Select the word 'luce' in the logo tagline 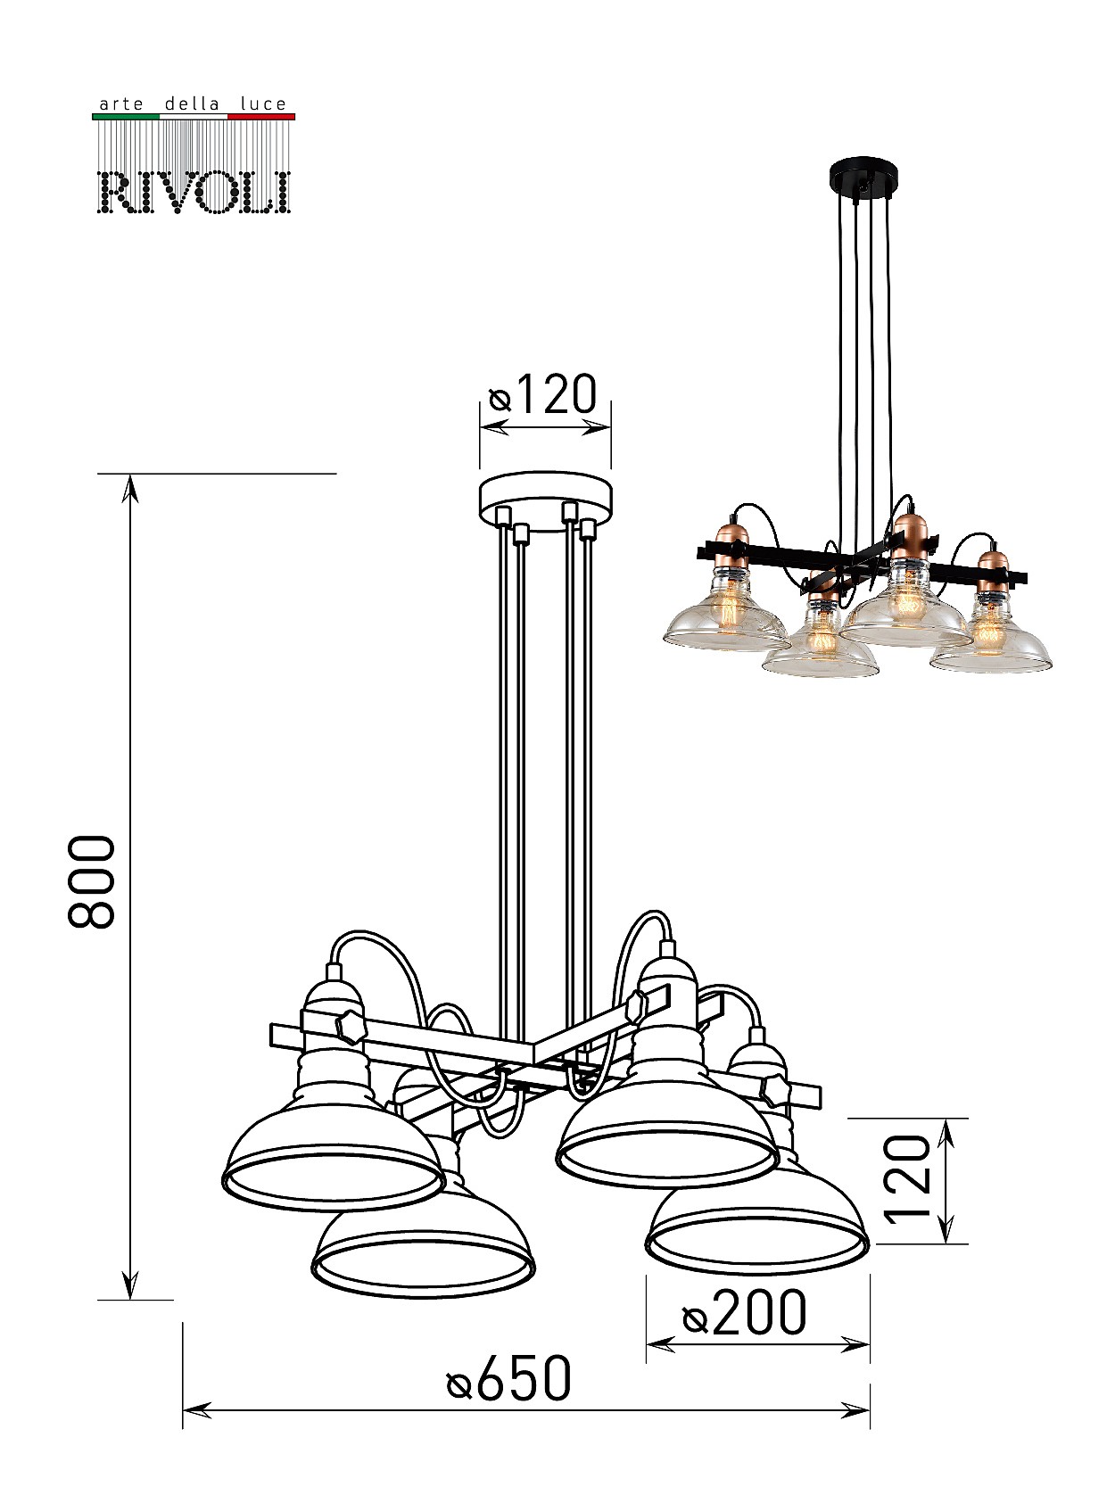coord(264,104)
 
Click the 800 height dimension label coord(93,882)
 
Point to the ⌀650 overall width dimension coord(509,1379)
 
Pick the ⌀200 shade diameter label coord(745,1314)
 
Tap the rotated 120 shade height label coord(907,1178)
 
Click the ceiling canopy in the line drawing coord(546,499)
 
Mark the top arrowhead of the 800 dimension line coord(131,486)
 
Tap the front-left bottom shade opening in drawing coord(424,1268)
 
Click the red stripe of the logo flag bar coord(261,117)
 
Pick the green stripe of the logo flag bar coord(126,117)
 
